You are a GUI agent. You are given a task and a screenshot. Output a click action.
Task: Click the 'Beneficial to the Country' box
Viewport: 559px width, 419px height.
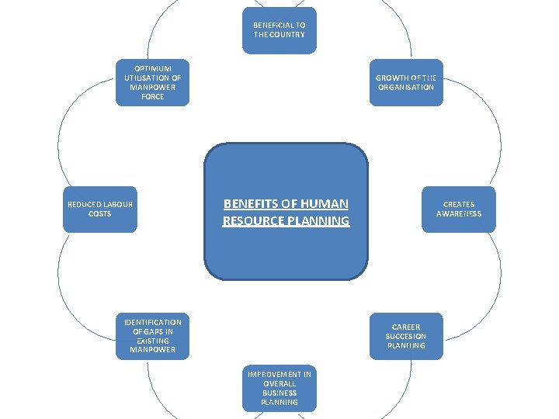click(279, 30)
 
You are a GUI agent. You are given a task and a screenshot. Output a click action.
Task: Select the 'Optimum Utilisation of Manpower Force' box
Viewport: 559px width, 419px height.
click(153, 82)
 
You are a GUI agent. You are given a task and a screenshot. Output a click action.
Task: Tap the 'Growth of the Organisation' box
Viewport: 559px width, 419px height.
click(406, 82)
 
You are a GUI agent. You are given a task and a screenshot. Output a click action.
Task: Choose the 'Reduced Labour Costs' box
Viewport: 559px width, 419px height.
click(100, 209)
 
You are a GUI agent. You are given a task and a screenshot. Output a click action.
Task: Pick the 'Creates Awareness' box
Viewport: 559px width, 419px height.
click(459, 209)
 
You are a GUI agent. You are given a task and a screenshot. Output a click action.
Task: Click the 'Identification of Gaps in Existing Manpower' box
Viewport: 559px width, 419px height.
click(153, 336)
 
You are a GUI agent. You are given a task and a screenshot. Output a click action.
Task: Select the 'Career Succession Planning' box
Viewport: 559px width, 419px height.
click(406, 336)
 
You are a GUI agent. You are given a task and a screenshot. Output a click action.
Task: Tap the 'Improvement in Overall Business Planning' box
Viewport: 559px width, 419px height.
click(279, 388)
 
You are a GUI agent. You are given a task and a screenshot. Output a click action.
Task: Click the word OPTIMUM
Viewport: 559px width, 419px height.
click(153, 68)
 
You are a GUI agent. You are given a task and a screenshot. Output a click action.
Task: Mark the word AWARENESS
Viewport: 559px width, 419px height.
click(459, 214)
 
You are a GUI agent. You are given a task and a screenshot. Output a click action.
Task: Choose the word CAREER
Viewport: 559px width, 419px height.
click(406, 327)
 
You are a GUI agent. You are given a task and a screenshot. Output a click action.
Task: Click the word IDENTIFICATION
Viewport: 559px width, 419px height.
click(153, 322)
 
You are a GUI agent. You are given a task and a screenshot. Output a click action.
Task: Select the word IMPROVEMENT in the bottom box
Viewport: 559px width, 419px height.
click(279, 374)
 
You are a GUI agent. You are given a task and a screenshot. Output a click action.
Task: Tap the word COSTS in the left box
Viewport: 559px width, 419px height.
click(100, 214)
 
